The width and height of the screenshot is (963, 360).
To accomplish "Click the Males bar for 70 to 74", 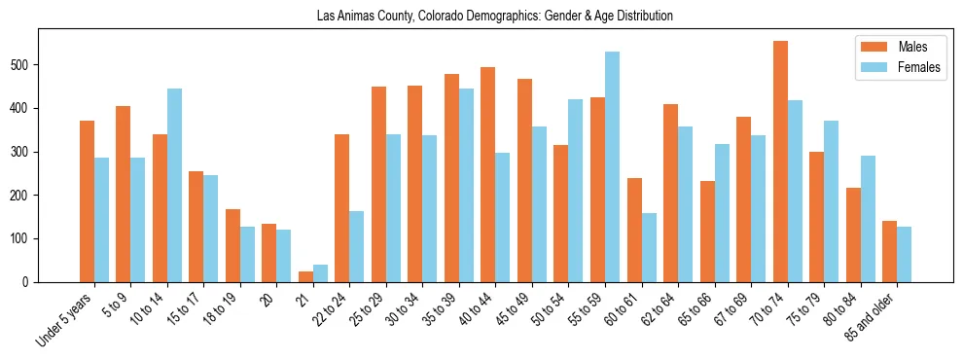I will coord(780,162).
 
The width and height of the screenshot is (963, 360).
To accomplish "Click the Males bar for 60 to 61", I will coord(634,230).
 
